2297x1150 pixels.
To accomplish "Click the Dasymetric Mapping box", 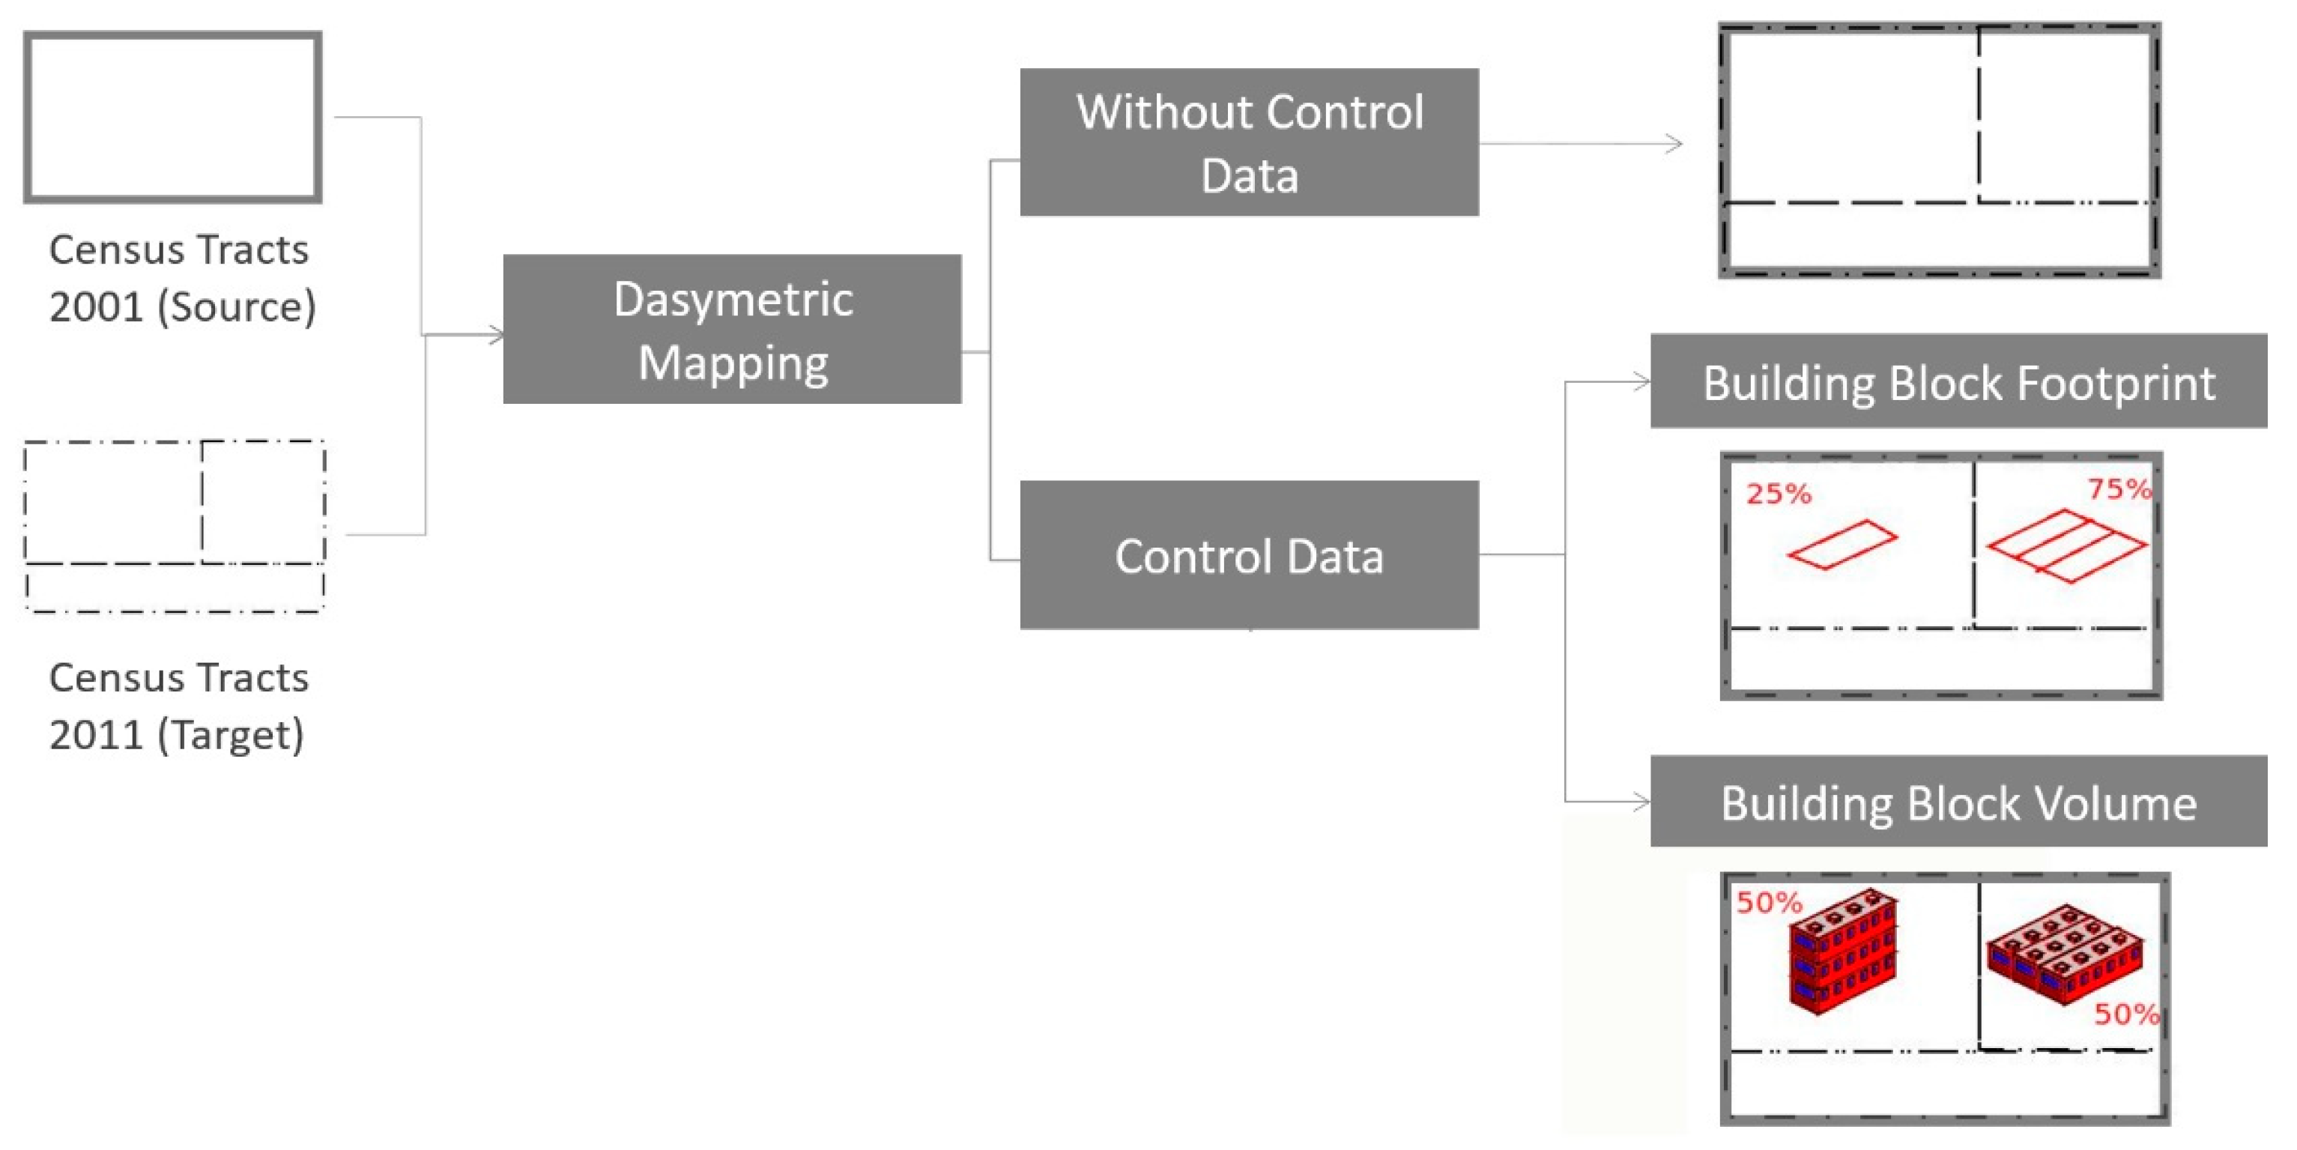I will (x=731, y=328).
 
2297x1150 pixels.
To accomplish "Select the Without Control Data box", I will (x=1248, y=142).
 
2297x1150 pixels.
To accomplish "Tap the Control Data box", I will (x=1248, y=554).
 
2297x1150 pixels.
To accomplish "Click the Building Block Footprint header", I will (x=1958, y=381).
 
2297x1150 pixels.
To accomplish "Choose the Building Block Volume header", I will (x=1958, y=802).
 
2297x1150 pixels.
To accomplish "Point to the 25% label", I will (x=1778, y=494).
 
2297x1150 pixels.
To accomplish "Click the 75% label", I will (x=2119, y=488).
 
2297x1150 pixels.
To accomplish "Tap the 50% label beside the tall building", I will (x=1768, y=903).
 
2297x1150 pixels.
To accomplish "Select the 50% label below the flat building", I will (x=2125, y=1014).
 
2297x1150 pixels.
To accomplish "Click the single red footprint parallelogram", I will (x=1842, y=544).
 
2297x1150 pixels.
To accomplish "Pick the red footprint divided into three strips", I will (x=2067, y=545).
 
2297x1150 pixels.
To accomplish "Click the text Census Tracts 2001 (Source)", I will (x=181, y=277).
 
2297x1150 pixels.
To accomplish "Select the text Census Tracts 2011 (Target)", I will (x=178, y=705).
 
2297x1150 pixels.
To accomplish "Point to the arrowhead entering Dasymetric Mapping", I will (x=496, y=335).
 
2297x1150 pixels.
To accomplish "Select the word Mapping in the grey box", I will (x=733, y=363).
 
